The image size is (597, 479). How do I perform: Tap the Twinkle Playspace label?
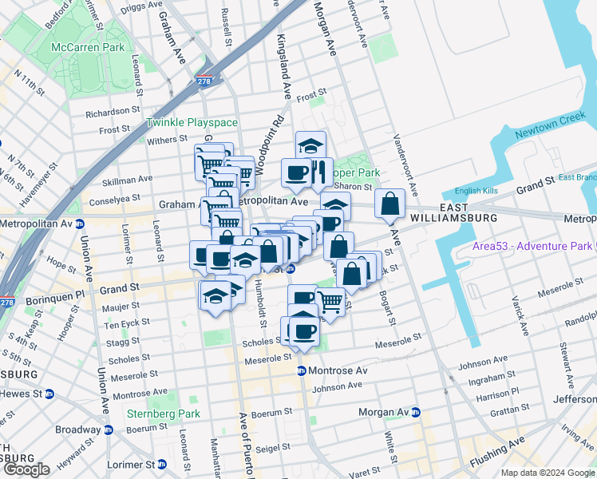click(192, 123)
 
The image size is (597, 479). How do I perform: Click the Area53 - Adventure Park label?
click(529, 245)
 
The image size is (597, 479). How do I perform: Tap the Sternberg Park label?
click(163, 414)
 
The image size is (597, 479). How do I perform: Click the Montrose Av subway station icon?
click(302, 371)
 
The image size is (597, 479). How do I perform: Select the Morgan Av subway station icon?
click(415, 412)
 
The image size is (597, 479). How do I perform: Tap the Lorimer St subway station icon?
click(161, 464)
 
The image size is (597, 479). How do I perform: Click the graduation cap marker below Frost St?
click(310, 146)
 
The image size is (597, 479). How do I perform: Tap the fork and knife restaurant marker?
click(318, 172)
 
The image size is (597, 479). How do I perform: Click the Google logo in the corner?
click(26, 469)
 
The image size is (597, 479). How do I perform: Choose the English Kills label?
click(476, 190)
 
